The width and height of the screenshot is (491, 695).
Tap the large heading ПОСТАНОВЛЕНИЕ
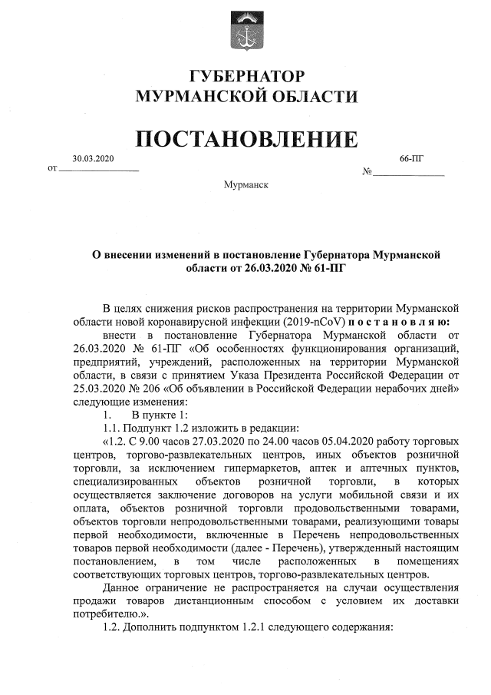246,139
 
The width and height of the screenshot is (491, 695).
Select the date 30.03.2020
93,158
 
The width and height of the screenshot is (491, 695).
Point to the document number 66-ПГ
412,158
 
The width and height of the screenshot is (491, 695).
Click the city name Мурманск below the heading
245,186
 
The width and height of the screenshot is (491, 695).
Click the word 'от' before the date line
52,167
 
